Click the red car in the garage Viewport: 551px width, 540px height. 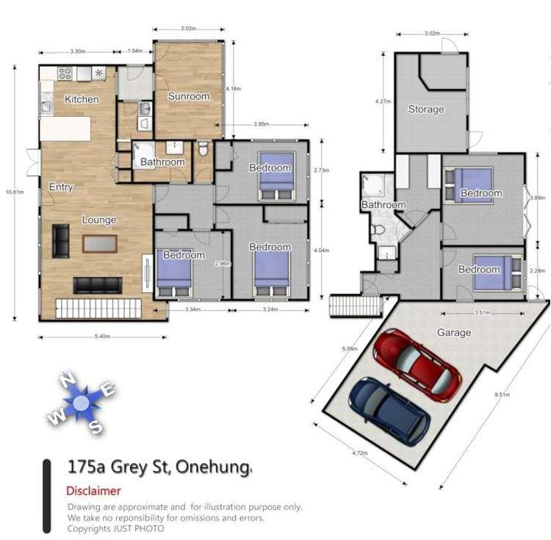click(417, 364)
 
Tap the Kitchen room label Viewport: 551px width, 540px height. click(82, 99)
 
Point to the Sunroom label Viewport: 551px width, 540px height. click(189, 96)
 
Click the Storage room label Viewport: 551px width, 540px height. click(426, 109)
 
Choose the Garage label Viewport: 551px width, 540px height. click(454, 333)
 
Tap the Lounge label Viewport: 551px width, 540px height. click(99, 220)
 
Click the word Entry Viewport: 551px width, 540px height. click(61, 187)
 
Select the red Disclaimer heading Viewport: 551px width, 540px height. click(93, 491)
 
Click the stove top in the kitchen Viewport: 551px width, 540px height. click(64, 73)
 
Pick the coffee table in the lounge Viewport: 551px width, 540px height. click(99, 242)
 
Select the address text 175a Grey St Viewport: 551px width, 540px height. click(118, 467)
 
